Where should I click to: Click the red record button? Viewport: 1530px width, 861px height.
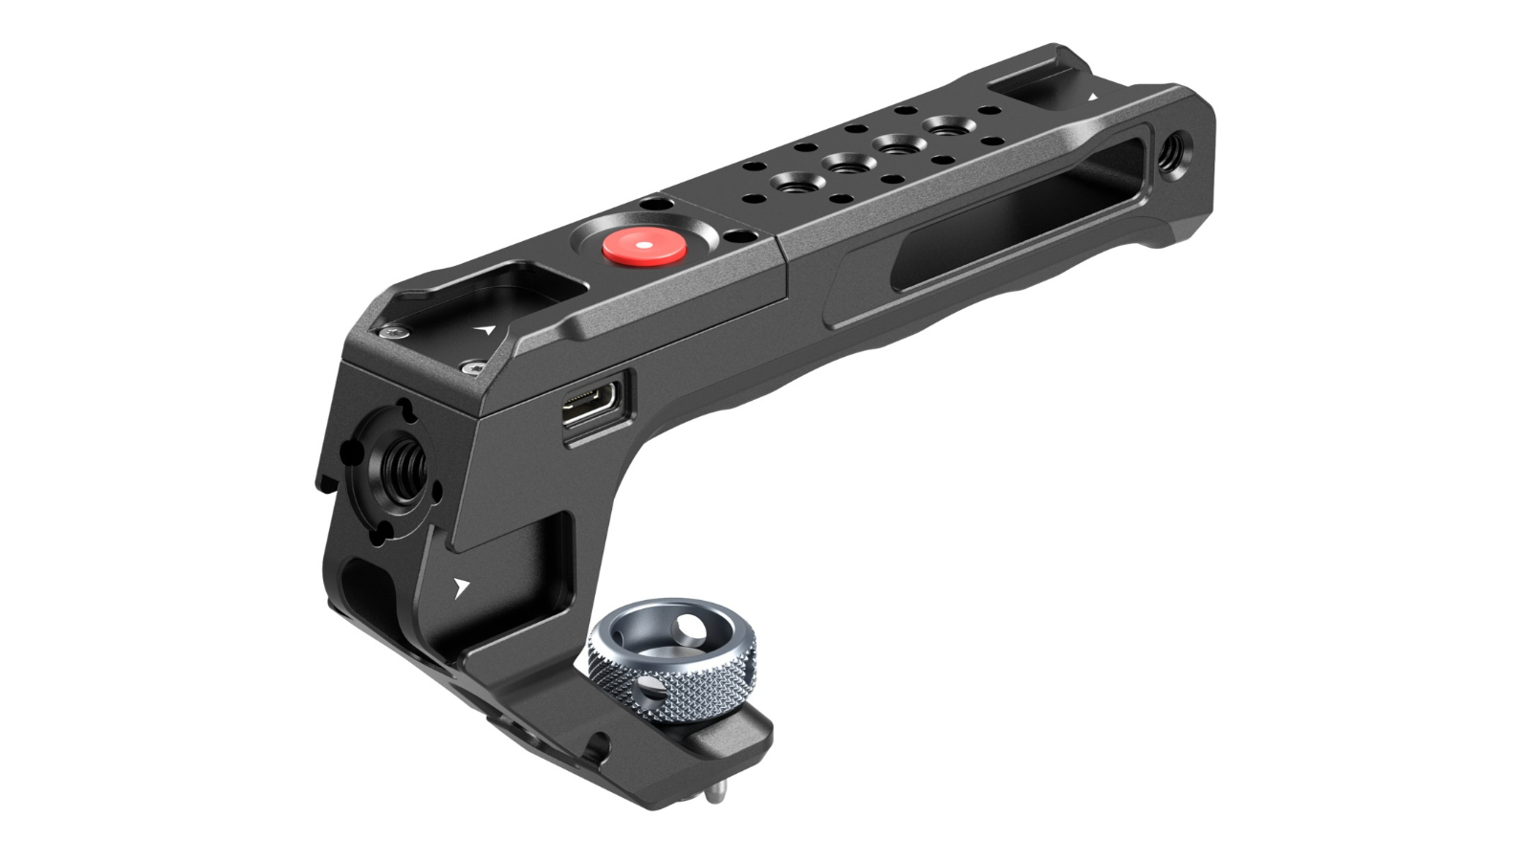pyautogui.click(x=643, y=246)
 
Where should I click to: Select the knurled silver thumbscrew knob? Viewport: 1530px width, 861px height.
pyautogui.click(x=670, y=671)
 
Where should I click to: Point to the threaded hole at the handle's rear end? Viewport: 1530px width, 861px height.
pyautogui.click(x=1171, y=149)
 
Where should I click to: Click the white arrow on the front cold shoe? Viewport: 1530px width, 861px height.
pyautogui.click(x=487, y=331)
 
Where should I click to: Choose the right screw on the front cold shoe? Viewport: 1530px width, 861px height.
pyautogui.click(x=470, y=366)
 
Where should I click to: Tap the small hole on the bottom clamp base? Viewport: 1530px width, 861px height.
pyautogui.click(x=599, y=743)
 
